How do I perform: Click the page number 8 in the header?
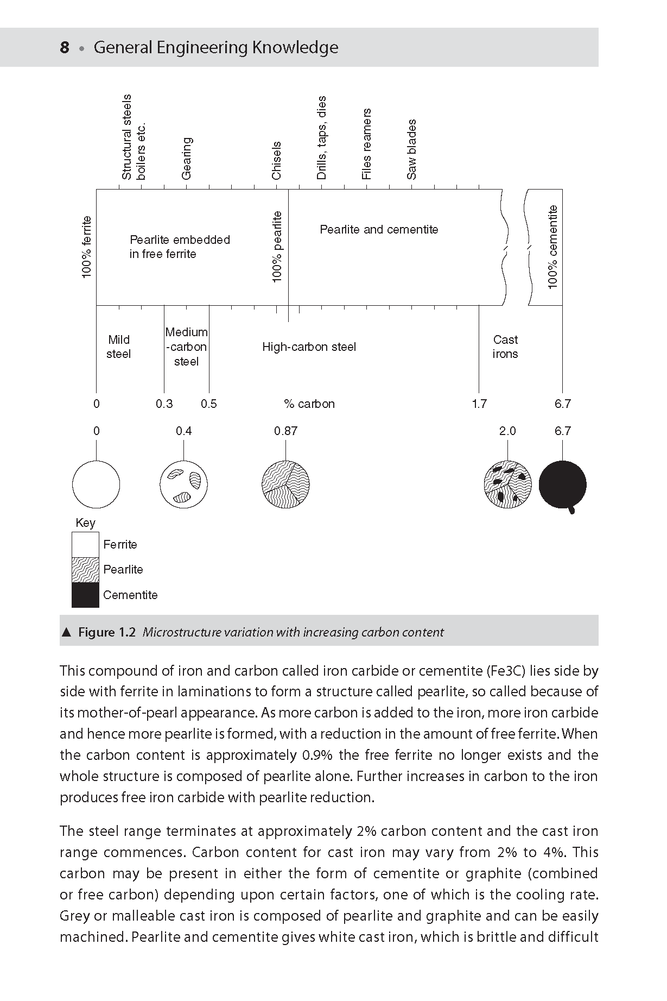(x=65, y=48)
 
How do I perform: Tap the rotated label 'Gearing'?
(x=187, y=158)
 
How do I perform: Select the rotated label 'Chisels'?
(x=277, y=160)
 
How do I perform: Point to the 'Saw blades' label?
(x=412, y=149)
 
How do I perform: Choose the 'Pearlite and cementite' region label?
(x=379, y=230)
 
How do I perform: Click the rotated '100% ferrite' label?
(x=87, y=247)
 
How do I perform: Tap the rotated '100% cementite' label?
(x=553, y=247)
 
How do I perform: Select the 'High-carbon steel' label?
(x=309, y=347)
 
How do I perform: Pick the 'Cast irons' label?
(x=505, y=347)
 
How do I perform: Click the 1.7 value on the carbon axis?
(x=479, y=404)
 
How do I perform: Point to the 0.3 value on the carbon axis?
(x=164, y=404)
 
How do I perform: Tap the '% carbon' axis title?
(x=309, y=404)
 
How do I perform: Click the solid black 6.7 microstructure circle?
(x=562, y=484)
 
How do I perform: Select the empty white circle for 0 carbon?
(x=96, y=484)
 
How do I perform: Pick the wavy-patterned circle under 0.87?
(x=285, y=484)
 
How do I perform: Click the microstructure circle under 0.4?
(x=183, y=484)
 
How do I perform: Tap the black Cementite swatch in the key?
(x=86, y=595)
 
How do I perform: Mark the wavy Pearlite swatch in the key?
(x=86, y=570)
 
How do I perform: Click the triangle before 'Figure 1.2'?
(x=67, y=632)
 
